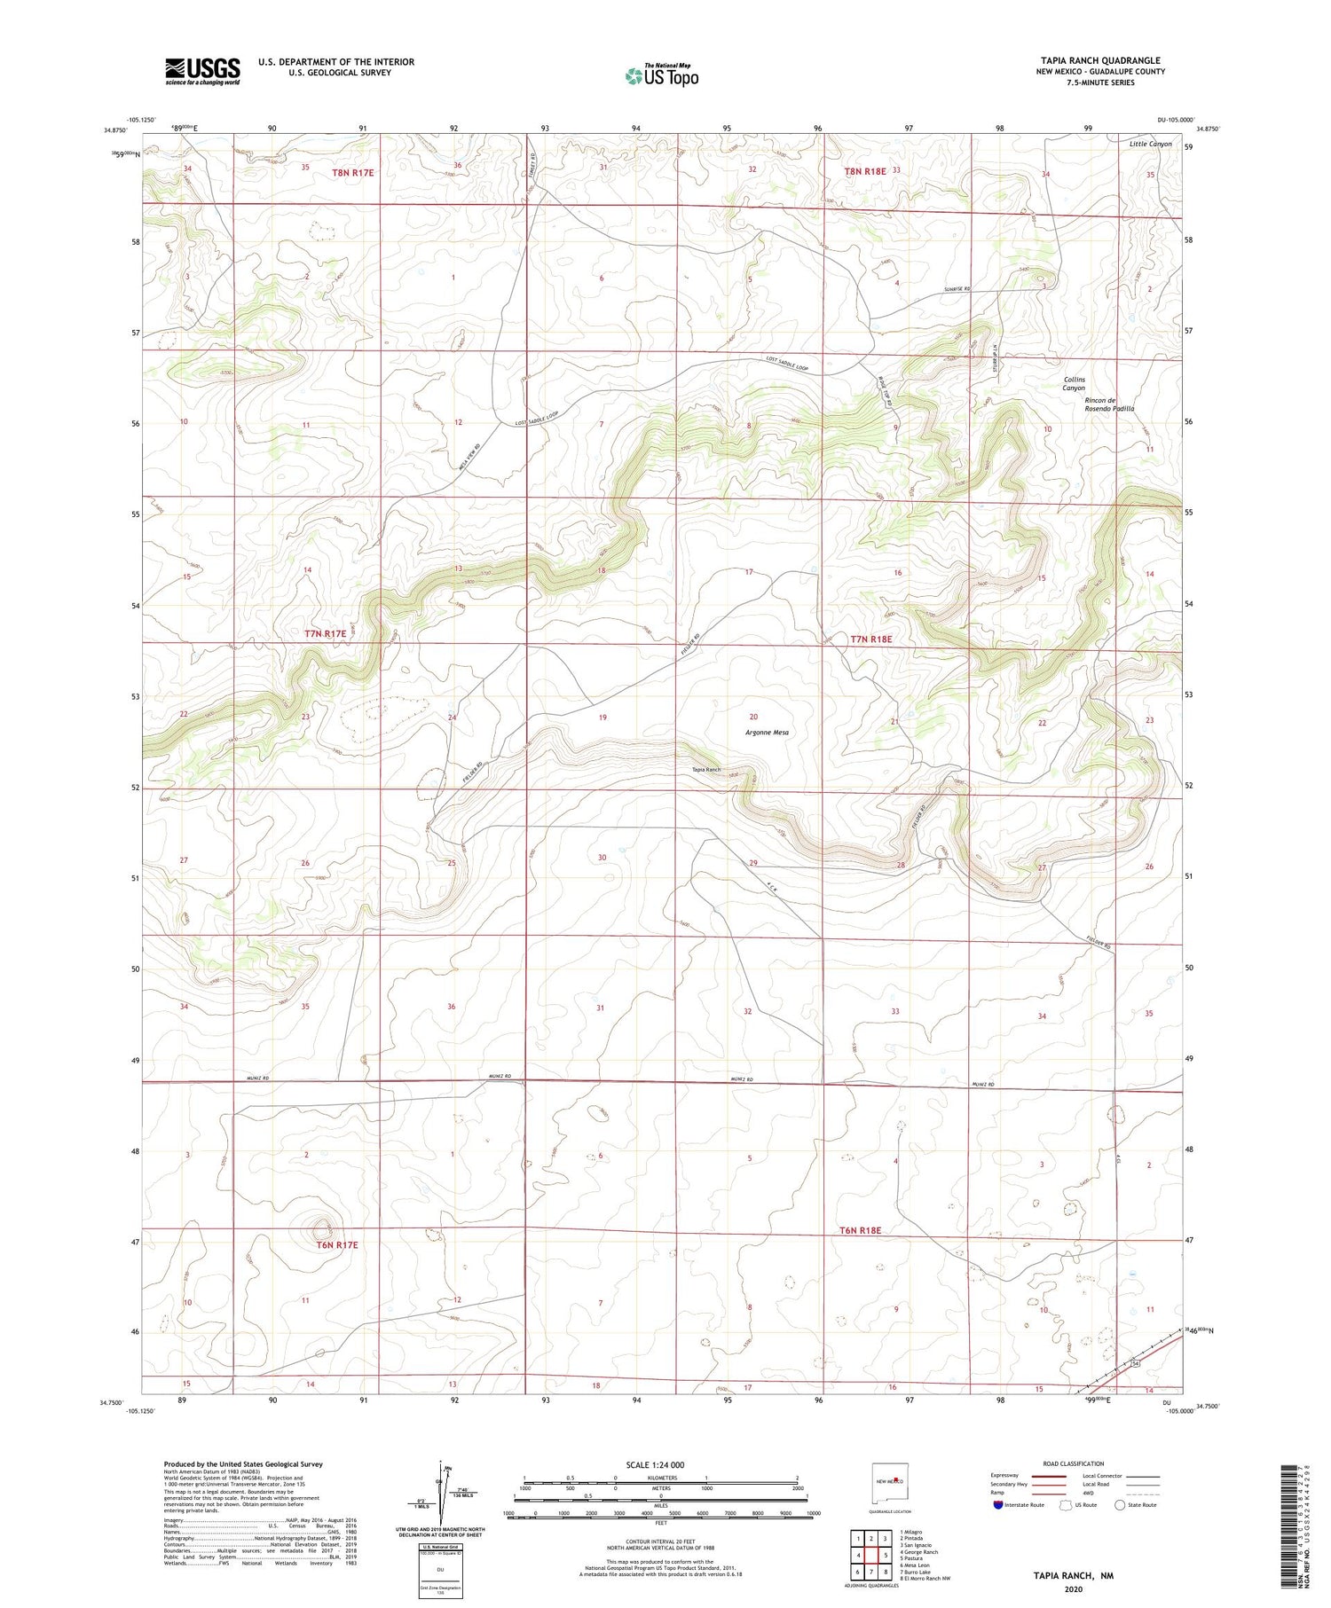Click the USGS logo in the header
(x=202, y=71)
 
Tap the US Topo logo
(x=661, y=75)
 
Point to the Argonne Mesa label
(x=767, y=733)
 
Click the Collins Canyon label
(x=1074, y=384)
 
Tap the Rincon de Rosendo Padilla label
(x=1109, y=404)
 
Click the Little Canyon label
(x=1150, y=144)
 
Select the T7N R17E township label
(x=325, y=633)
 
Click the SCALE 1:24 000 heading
(x=655, y=1464)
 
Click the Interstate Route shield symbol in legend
(x=999, y=1505)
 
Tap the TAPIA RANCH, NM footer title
(x=1072, y=1576)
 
